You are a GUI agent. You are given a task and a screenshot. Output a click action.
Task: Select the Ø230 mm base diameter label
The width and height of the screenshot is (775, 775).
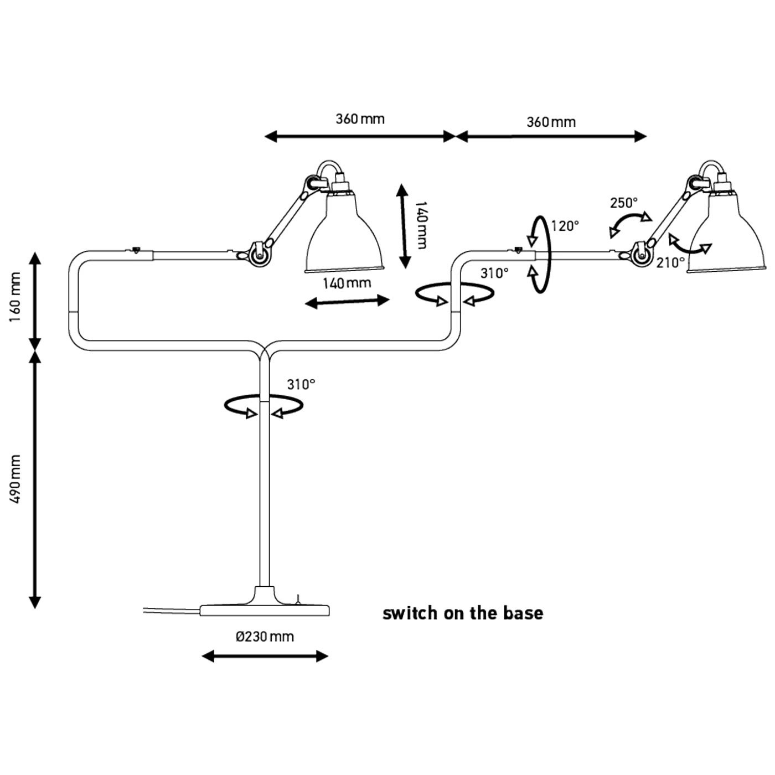pyautogui.click(x=265, y=637)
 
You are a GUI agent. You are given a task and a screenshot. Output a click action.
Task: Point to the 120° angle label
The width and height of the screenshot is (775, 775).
pyautogui.click(x=565, y=226)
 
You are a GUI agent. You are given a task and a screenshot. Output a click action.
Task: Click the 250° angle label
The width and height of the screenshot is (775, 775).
pyautogui.click(x=624, y=203)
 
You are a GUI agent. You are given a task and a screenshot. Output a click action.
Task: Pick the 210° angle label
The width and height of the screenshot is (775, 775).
pyautogui.click(x=670, y=263)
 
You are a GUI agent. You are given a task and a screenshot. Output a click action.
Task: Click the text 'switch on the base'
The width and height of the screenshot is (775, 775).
pyautogui.click(x=463, y=613)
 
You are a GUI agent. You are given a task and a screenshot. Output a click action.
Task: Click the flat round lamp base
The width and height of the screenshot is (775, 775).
pyautogui.click(x=265, y=610)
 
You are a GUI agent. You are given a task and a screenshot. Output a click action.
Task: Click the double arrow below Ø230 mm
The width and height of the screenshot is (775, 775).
pyautogui.click(x=265, y=657)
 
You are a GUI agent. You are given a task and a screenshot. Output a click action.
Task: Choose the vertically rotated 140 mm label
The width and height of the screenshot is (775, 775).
pyautogui.click(x=421, y=225)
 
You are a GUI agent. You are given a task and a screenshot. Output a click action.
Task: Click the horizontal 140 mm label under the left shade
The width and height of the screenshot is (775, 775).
pyautogui.click(x=347, y=283)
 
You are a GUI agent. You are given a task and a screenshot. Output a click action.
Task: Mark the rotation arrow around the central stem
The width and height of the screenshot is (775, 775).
pyautogui.click(x=263, y=406)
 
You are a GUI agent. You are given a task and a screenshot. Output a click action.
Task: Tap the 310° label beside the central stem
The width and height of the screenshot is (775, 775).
pyautogui.click(x=301, y=384)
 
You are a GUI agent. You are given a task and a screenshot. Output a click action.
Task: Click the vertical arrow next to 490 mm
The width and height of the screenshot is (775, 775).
pyautogui.click(x=35, y=479)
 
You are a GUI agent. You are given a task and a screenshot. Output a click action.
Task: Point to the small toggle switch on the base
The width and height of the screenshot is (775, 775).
pyautogui.click(x=298, y=598)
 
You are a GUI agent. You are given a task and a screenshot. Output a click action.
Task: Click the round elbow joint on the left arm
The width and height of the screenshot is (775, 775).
pyautogui.click(x=256, y=256)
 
